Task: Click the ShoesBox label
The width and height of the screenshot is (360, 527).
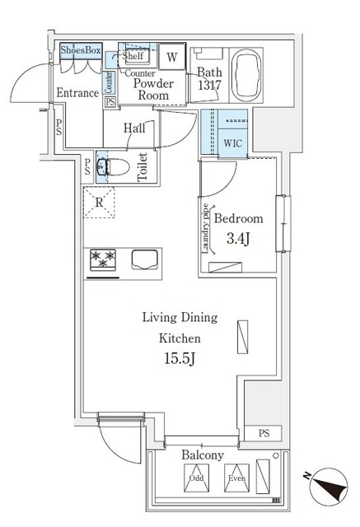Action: [81, 50]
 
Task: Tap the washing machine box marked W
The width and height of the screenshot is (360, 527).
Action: [171, 57]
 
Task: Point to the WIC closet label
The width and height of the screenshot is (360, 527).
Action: [234, 142]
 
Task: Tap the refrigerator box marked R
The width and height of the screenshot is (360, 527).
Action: [99, 202]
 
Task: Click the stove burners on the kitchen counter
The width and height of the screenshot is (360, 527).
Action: [103, 259]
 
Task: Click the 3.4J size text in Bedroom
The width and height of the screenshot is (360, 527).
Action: [238, 240]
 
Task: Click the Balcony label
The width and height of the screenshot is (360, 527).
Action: [202, 455]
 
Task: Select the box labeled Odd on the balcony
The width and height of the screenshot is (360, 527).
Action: [196, 478]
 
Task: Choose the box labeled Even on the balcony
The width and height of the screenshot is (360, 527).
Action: [235, 478]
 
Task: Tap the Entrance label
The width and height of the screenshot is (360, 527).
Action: [77, 93]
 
